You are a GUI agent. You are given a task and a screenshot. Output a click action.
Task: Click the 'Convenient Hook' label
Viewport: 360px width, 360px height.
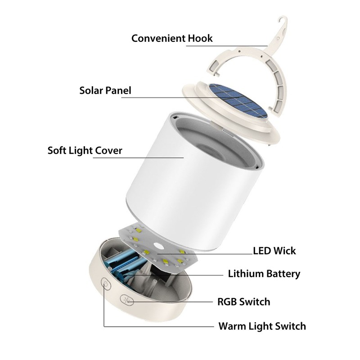click(172, 38)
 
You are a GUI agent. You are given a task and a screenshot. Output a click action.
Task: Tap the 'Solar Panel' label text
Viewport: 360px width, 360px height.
click(105, 90)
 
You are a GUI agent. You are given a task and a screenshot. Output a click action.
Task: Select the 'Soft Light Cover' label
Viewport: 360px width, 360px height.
click(85, 150)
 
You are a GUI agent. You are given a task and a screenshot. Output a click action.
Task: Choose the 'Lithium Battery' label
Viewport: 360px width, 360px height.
click(264, 273)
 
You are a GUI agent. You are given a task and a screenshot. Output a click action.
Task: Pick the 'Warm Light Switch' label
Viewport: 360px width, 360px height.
click(262, 326)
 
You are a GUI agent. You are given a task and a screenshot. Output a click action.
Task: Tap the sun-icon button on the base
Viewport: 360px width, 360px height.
click(126, 299)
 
